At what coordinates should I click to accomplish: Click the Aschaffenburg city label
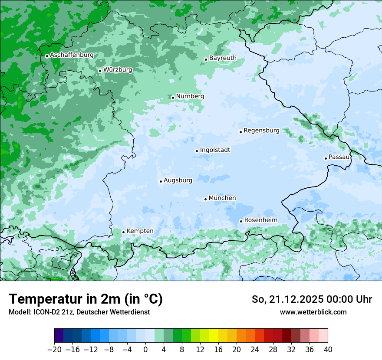tap(72, 55)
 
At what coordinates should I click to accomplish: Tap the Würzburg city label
tap(118, 69)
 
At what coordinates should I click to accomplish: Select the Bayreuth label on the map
tap(223, 58)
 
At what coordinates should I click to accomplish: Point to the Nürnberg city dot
tap(173, 98)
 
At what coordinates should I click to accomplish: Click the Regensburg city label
tap(261, 131)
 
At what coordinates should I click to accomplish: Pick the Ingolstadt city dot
tap(197, 151)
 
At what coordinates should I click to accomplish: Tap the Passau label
tap(339, 157)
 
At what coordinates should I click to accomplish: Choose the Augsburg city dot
tap(161, 181)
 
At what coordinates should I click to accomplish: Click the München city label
tap(222, 198)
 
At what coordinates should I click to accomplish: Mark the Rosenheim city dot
tap(241, 221)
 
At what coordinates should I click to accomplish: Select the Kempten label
tap(140, 231)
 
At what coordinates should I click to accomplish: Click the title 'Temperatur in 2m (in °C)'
tap(86, 299)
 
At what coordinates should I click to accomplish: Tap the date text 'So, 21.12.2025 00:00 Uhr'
tap(312, 299)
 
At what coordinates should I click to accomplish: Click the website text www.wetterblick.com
tap(313, 312)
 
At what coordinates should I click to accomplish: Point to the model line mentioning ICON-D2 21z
tap(79, 312)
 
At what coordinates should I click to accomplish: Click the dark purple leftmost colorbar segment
tap(59, 336)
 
